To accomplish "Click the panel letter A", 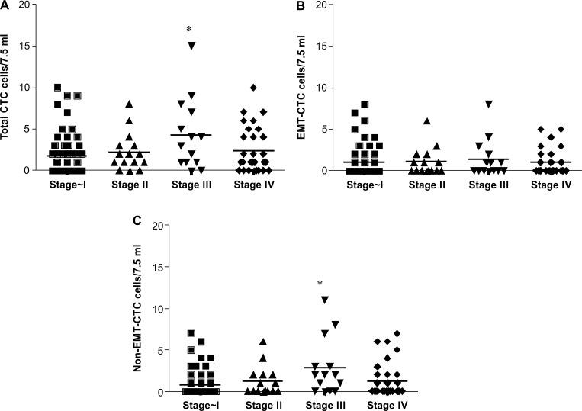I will click(5, 5).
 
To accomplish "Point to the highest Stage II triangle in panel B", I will click(427, 120).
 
